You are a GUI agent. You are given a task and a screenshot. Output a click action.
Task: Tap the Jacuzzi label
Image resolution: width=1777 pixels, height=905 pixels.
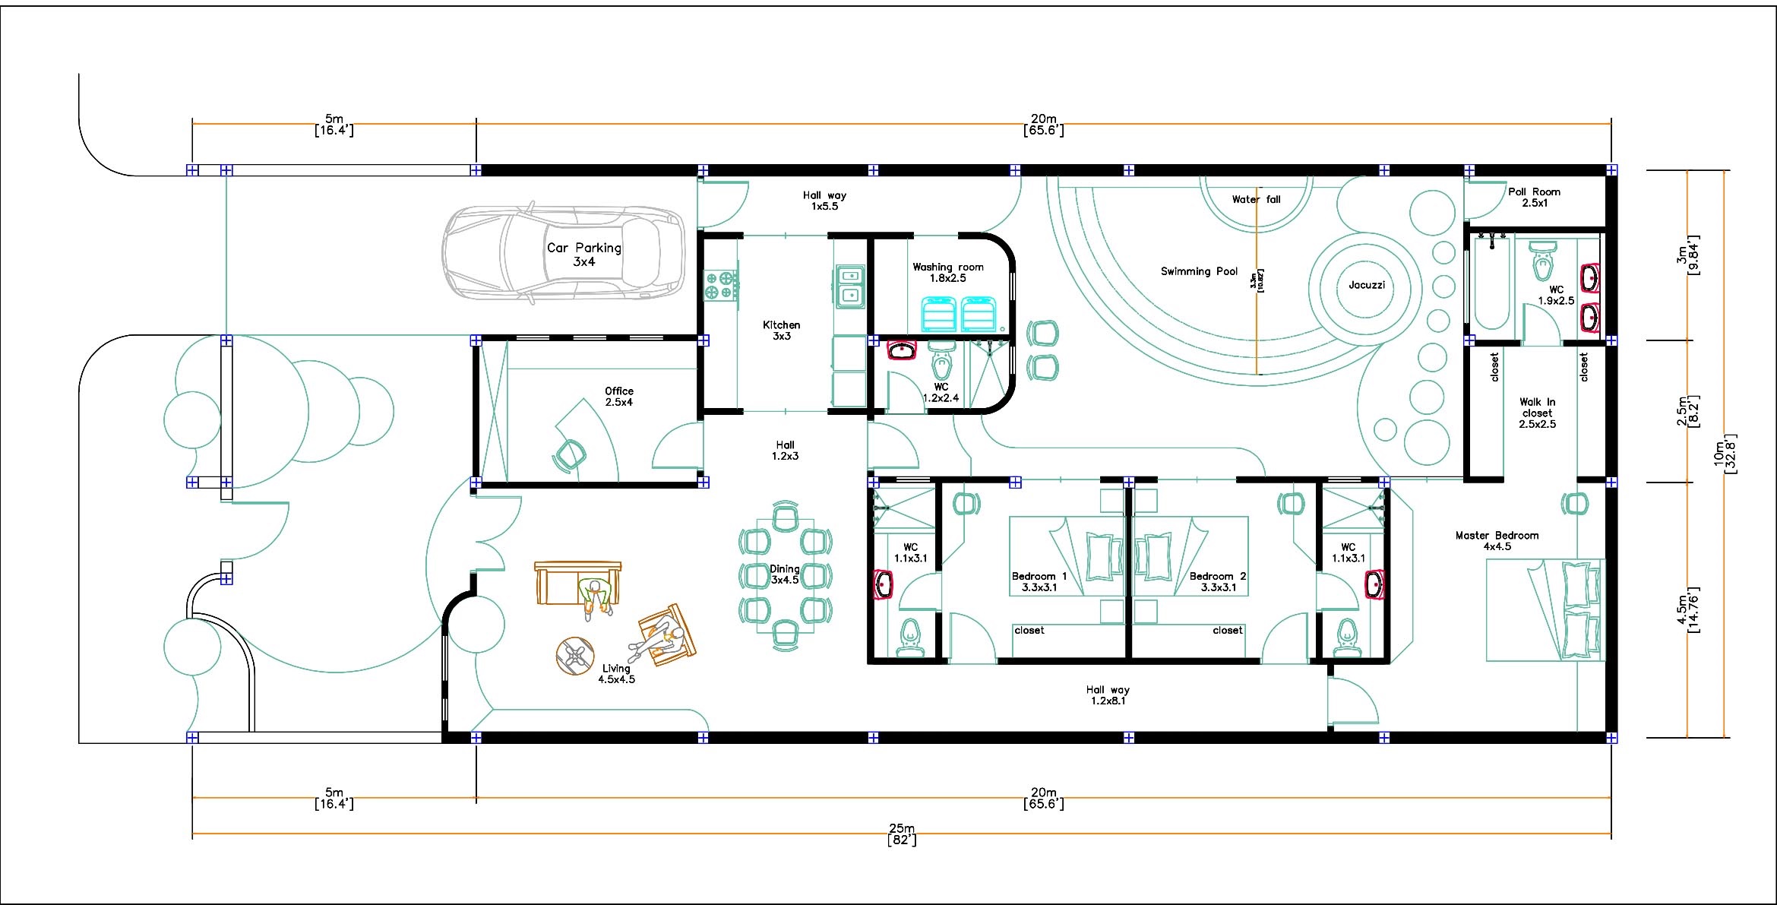click(1367, 285)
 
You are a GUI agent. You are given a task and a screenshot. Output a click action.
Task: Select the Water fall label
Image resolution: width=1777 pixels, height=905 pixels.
click(1256, 199)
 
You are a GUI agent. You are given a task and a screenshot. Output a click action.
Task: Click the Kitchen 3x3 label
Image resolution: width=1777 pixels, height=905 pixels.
click(782, 330)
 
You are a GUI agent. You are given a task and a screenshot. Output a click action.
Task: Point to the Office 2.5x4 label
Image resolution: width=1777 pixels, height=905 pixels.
click(619, 397)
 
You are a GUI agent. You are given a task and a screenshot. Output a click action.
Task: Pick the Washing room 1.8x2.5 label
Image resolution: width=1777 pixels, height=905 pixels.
click(948, 272)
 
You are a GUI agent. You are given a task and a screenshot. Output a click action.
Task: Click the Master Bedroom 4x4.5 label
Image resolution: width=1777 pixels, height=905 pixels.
click(1497, 540)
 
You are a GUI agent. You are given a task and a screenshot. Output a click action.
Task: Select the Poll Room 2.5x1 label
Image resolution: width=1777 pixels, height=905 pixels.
click(1535, 197)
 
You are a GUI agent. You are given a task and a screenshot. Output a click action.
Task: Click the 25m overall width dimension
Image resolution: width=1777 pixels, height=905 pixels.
click(902, 834)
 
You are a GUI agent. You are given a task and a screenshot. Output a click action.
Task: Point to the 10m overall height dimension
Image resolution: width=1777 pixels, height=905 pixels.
click(1725, 454)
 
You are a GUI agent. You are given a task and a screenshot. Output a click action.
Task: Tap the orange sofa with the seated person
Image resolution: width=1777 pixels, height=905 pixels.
click(577, 584)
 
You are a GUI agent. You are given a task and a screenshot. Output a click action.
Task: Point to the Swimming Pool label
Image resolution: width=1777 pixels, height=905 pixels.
click(1199, 271)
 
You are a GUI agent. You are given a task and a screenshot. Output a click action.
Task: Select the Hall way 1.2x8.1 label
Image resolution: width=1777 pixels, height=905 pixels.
click(1108, 695)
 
